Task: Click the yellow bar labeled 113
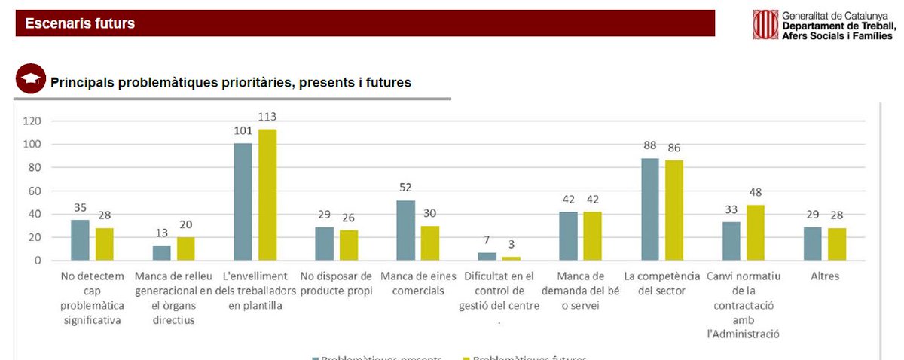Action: click(267, 195)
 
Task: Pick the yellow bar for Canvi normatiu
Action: click(756, 233)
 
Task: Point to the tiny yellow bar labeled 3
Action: click(512, 258)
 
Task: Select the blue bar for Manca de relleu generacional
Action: click(161, 253)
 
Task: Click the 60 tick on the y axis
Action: click(35, 191)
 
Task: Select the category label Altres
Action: click(825, 276)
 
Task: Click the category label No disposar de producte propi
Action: click(336, 284)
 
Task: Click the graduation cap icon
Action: click(31, 79)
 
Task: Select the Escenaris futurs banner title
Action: click(80, 23)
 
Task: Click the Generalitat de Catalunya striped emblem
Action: click(765, 24)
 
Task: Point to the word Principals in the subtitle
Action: click(81, 82)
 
